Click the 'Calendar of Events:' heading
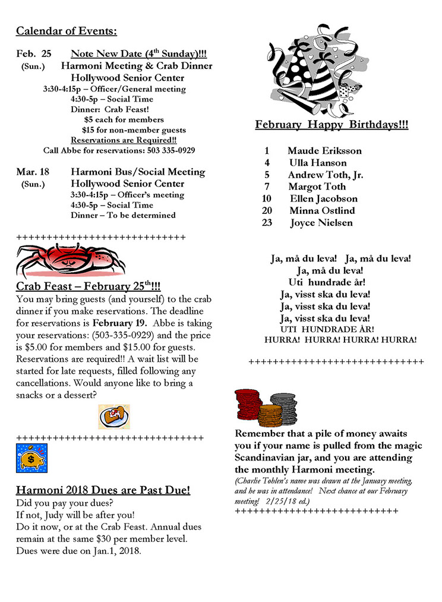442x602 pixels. point(67,31)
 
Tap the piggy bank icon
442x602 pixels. point(31,458)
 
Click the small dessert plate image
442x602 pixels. point(113,417)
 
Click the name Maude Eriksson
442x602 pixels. point(324,151)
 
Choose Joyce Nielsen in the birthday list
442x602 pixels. point(321,223)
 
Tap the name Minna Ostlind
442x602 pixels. point(322,211)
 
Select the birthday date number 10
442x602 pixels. point(267,199)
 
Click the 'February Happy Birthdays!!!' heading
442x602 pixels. point(331,125)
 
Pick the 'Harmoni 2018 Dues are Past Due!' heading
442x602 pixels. point(103,490)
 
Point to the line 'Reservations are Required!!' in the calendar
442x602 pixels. point(115,140)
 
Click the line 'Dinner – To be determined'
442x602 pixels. point(123,215)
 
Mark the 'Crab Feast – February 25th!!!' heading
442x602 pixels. point(88,286)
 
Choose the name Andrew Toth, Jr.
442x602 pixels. point(326,175)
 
